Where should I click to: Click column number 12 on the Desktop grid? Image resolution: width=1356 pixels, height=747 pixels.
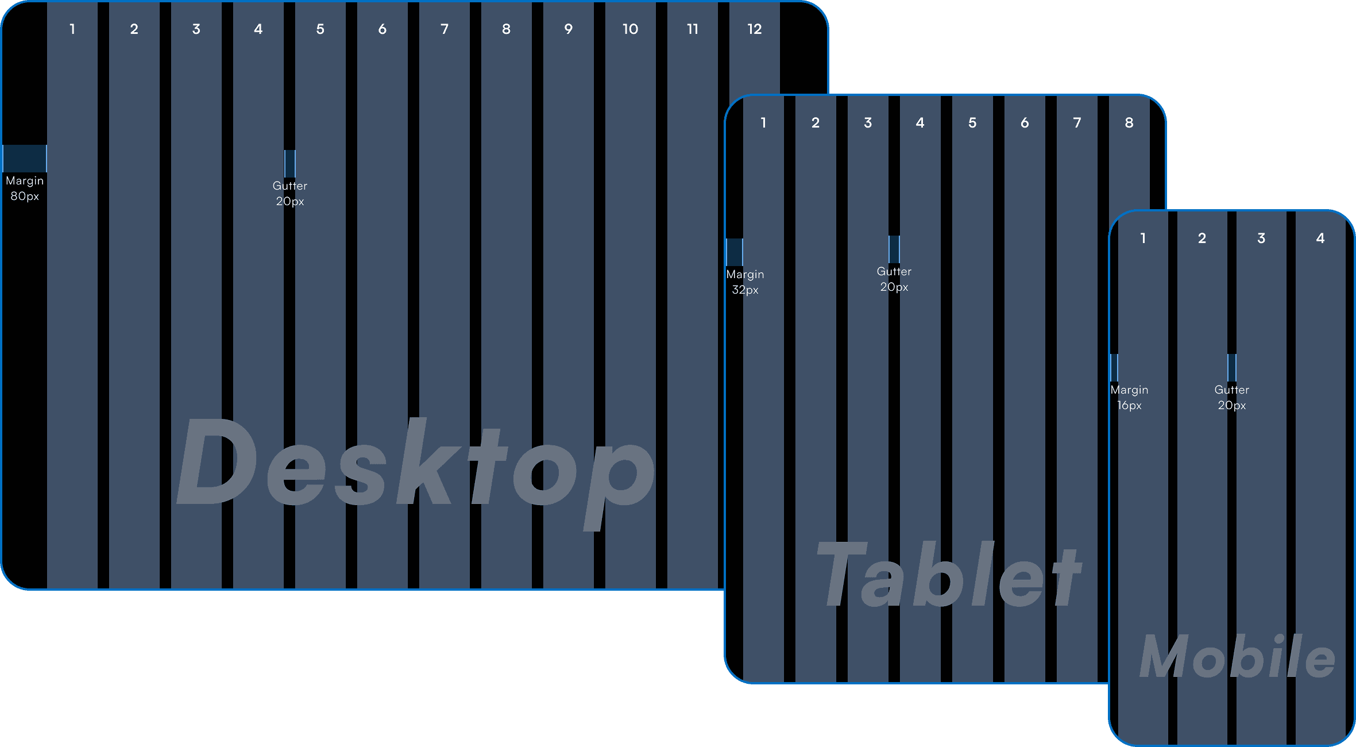[x=754, y=29]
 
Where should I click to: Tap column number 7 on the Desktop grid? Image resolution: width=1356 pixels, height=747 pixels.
[x=444, y=29]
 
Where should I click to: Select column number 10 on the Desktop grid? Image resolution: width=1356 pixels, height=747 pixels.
[x=630, y=29]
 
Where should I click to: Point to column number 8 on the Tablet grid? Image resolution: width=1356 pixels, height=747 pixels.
[x=1129, y=123]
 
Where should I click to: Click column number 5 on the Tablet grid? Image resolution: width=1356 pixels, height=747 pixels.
[x=972, y=123]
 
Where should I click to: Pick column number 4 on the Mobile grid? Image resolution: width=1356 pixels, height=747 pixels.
[x=1320, y=238]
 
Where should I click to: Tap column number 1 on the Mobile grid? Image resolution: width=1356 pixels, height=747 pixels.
[x=1143, y=238]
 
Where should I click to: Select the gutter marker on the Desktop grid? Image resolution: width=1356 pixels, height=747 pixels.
[x=290, y=164]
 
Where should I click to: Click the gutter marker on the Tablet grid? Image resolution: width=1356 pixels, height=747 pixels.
[x=894, y=249]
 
